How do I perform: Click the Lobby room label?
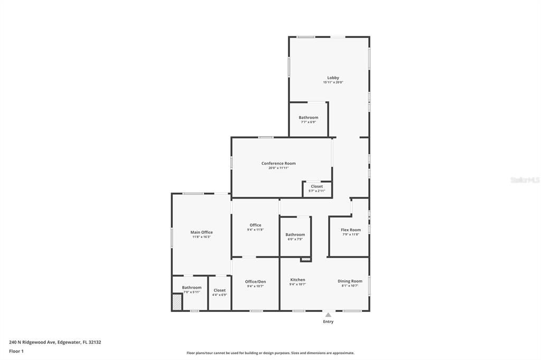[x=333, y=78]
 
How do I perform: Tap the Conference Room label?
[x=278, y=163]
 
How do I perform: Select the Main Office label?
[x=201, y=232]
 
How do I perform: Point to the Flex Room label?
[x=351, y=230]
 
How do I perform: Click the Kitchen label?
[x=297, y=280]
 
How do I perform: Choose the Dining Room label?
[x=350, y=281]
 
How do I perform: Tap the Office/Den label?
[x=255, y=281]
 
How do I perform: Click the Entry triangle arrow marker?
[x=328, y=315]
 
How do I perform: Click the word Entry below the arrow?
[x=328, y=321]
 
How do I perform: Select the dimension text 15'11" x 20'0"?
[x=333, y=82]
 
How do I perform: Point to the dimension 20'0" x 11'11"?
[x=278, y=168]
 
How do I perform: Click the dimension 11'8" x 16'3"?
[x=201, y=237]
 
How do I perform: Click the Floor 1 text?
[x=16, y=351]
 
